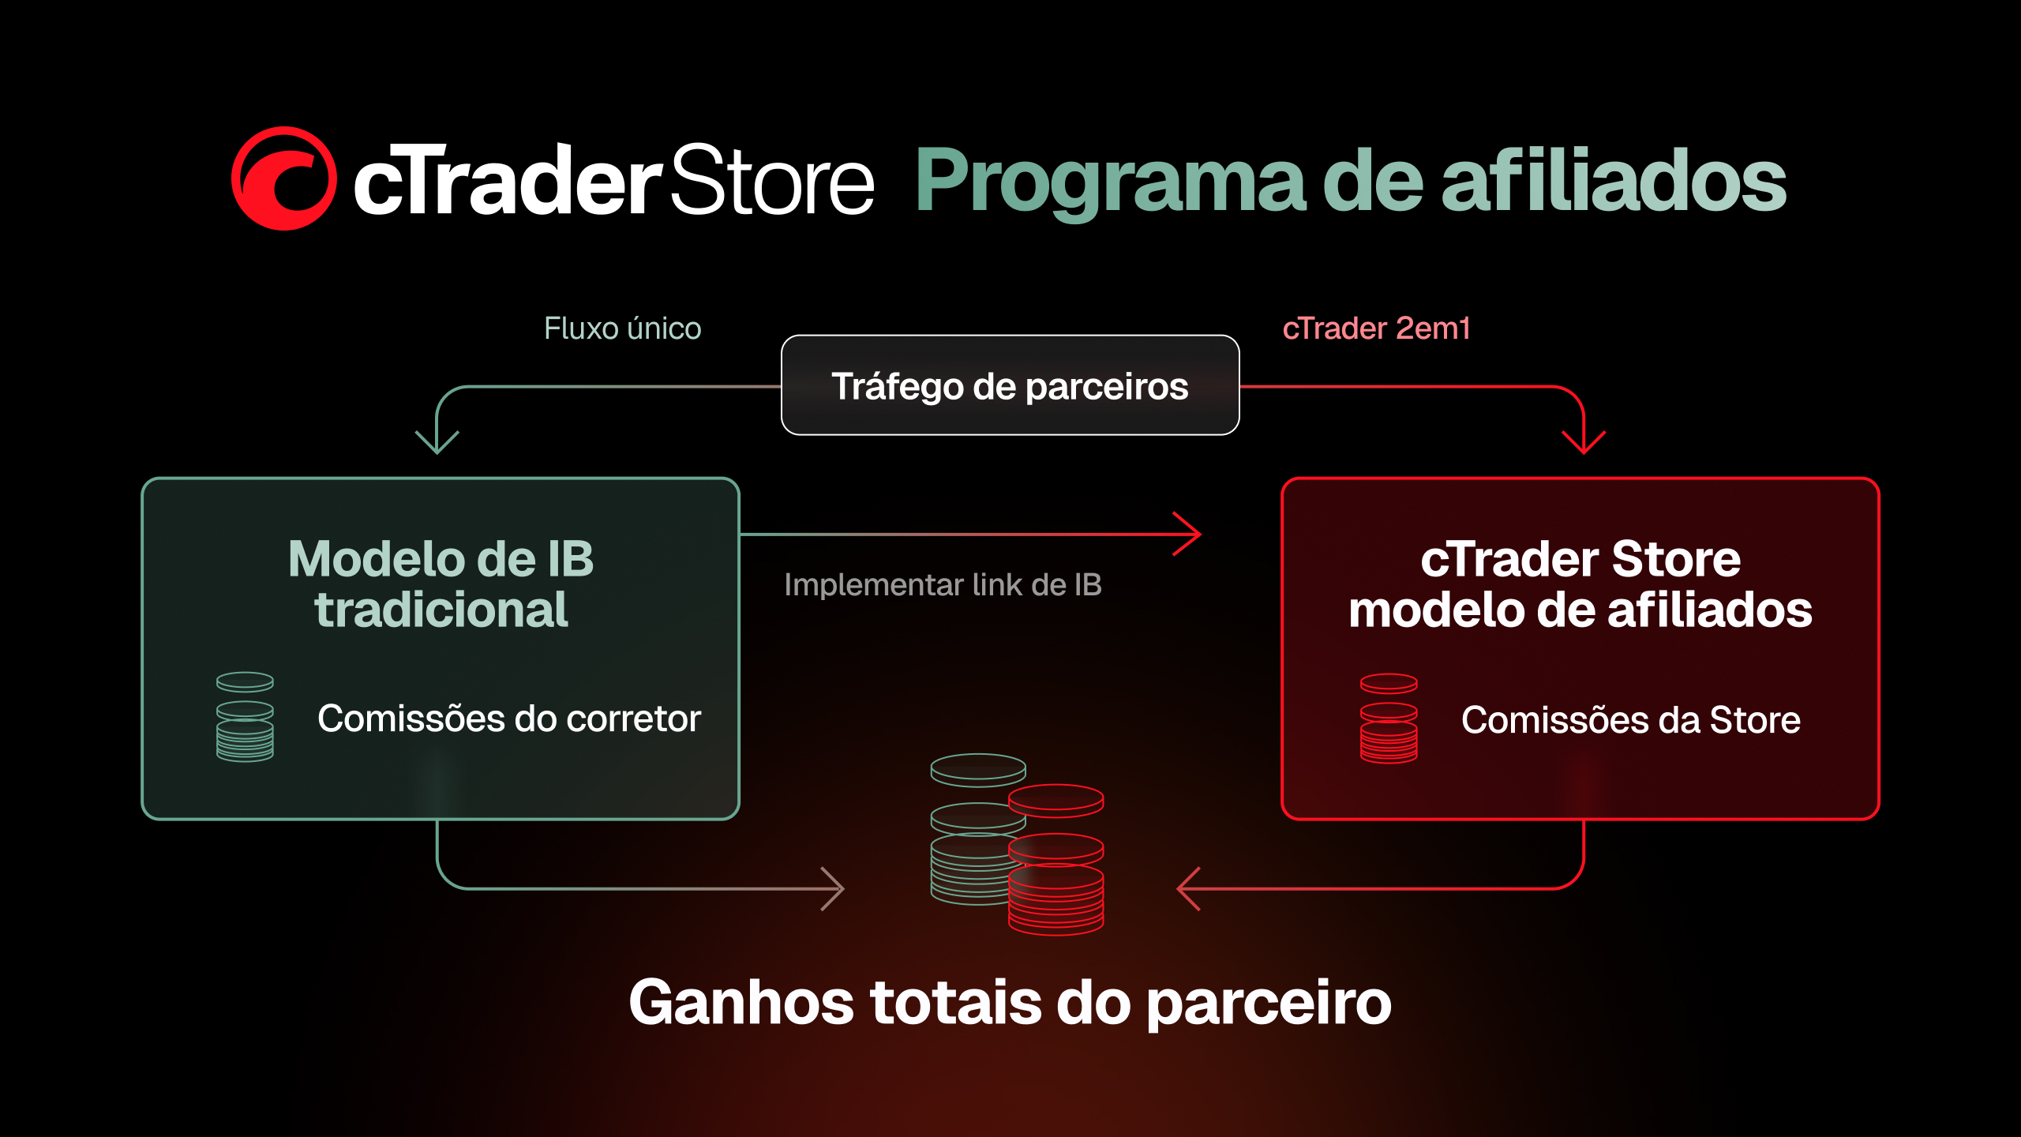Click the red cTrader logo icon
tap(283, 178)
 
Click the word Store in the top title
tap(772, 180)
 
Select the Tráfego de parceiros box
tap(1010, 385)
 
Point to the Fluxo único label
tap(622, 328)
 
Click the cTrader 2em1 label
tap(1376, 328)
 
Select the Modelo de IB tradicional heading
tap(441, 584)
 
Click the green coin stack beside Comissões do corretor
tap(245, 717)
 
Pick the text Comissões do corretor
tap(509, 719)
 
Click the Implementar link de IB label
tap(943, 585)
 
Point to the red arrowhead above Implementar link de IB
tap(1187, 535)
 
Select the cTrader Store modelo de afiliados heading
tap(1580, 584)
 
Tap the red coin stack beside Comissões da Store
tap(1389, 719)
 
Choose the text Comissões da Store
tap(1631, 720)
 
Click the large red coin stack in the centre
tap(1056, 860)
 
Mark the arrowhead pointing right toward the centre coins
tap(833, 889)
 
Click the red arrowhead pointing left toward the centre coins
tap(1189, 889)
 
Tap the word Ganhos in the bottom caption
tap(741, 1003)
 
